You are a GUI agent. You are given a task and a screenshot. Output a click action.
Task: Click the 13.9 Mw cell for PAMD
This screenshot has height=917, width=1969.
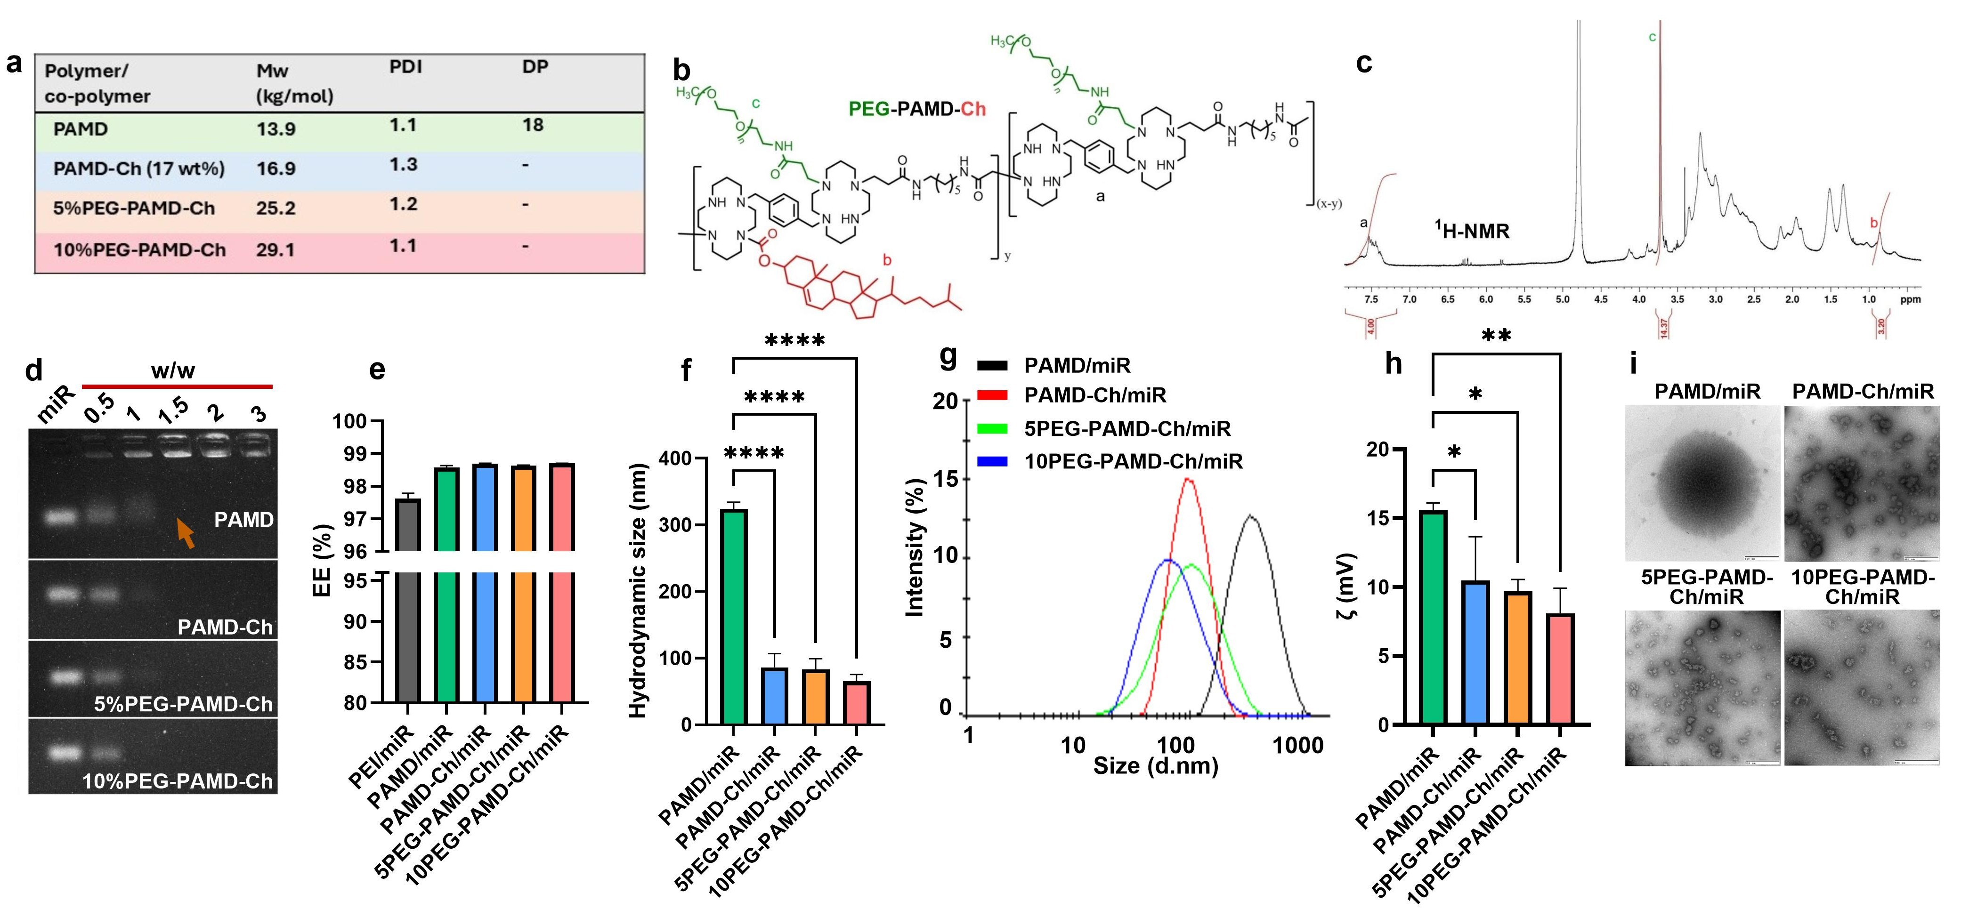tap(276, 129)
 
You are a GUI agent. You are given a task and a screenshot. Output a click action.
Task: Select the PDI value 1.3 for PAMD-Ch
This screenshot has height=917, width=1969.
tap(404, 165)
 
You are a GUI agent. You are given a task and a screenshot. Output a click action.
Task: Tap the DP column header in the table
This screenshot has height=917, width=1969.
tap(535, 67)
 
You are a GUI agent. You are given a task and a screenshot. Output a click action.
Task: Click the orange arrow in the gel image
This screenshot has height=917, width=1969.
tap(185, 532)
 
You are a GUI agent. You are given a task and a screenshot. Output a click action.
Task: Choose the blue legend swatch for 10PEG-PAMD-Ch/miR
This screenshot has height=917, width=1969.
tap(992, 461)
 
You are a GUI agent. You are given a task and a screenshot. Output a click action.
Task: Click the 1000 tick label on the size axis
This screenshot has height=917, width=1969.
tap(1297, 745)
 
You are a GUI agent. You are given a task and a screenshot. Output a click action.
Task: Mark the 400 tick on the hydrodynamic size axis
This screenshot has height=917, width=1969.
tap(675, 458)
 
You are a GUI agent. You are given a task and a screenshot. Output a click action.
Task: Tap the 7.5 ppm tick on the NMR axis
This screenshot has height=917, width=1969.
tap(1371, 299)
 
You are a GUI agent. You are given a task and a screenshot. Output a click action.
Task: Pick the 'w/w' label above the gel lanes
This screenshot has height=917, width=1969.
tap(173, 371)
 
